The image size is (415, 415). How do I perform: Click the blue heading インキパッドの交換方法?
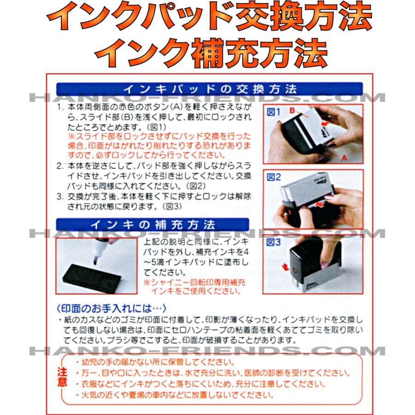(210, 89)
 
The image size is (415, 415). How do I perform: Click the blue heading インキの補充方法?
(153, 225)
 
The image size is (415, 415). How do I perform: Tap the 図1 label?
(273, 112)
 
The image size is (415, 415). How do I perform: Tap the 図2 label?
(273, 177)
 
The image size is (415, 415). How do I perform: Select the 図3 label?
(273, 242)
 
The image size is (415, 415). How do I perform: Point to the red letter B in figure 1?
(292, 110)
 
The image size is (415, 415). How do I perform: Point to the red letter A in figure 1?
(344, 158)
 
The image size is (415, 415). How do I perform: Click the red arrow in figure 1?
(325, 124)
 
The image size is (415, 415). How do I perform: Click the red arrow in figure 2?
(320, 204)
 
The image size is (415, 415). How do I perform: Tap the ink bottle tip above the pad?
(95, 261)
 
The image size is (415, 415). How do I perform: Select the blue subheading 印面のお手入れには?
(112, 308)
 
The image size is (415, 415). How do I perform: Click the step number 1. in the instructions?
(60, 107)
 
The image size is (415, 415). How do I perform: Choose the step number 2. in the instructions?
(60, 166)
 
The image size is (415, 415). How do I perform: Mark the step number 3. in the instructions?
(60, 196)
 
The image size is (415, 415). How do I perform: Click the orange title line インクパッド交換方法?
(209, 17)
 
